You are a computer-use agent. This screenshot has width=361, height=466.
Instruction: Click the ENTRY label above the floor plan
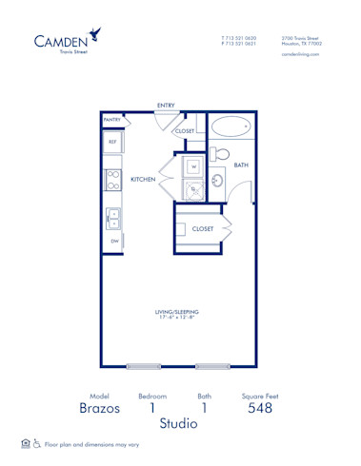(166, 105)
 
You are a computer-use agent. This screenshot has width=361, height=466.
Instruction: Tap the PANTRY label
(111, 120)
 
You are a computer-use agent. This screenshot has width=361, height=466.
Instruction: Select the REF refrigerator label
(111, 142)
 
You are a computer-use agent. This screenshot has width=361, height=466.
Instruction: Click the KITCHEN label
(143, 179)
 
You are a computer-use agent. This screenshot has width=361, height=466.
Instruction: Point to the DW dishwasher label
(113, 242)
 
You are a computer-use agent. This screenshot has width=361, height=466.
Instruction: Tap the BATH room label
(241, 165)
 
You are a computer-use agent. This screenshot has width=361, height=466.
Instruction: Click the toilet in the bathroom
(218, 152)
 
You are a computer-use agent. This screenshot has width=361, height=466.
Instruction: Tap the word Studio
(178, 423)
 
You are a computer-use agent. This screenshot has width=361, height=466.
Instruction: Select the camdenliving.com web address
(300, 55)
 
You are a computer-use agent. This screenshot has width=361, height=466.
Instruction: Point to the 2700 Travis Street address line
(301, 38)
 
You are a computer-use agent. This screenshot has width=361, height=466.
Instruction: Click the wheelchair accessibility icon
(37, 444)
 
